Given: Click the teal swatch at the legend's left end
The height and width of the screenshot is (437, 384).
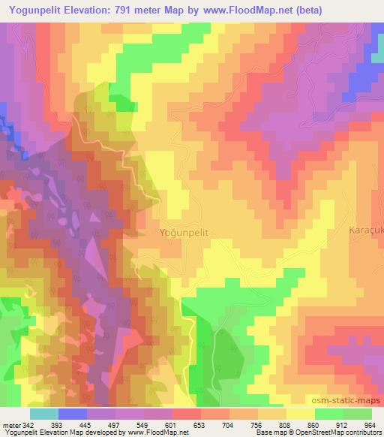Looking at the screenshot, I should [44, 414].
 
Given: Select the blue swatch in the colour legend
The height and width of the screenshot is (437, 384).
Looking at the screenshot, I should [73, 414].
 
